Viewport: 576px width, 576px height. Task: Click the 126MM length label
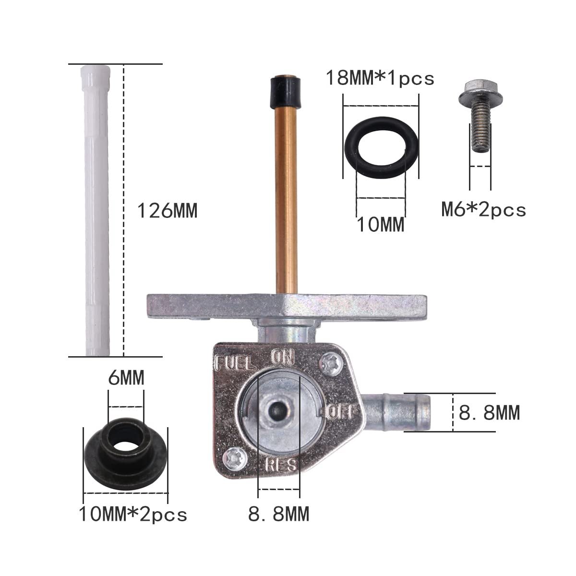(167, 211)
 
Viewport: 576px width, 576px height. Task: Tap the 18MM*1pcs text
(380, 78)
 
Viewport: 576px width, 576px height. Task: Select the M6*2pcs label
(484, 210)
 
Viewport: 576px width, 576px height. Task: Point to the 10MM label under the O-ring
(381, 225)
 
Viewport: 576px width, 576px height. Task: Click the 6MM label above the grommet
(126, 378)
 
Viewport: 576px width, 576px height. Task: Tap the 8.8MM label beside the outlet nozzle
(489, 412)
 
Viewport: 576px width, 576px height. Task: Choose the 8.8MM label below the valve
(278, 514)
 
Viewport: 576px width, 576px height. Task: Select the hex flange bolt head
(480, 93)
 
